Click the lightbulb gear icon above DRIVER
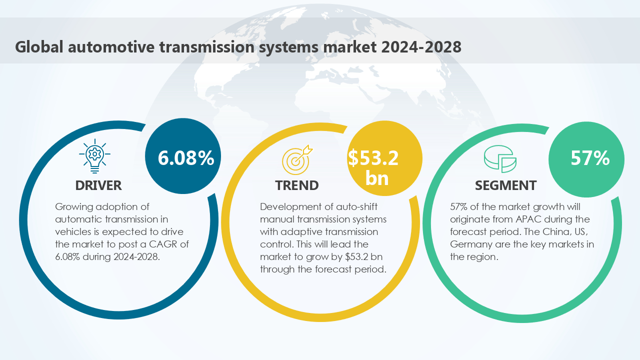(95, 155)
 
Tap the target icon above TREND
(297, 158)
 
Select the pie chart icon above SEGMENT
(499, 159)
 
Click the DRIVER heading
(98, 185)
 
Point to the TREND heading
(296, 185)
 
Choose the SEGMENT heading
(505, 185)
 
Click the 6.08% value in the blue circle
(186, 158)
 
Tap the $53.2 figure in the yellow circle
(373, 158)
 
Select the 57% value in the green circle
(590, 158)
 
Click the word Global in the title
(39, 46)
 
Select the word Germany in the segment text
(469, 244)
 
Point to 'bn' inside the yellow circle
(376, 178)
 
